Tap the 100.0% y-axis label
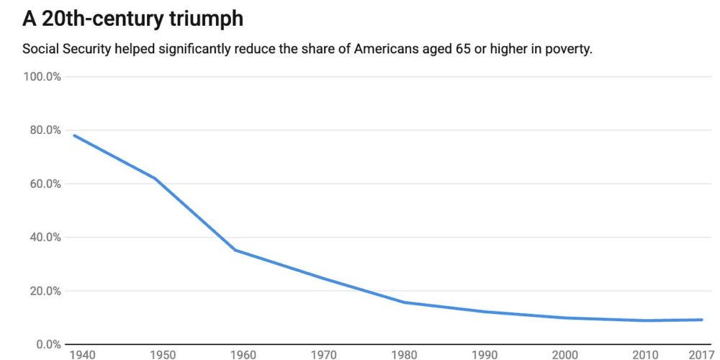click(42, 76)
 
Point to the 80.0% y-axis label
click(43, 130)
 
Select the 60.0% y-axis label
click(43, 184)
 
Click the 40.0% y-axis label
click(43, 238)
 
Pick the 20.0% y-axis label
click(43, 291)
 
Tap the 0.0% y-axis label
click(46, 344)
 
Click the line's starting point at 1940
click(74, 135)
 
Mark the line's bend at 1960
click(235, 250)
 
